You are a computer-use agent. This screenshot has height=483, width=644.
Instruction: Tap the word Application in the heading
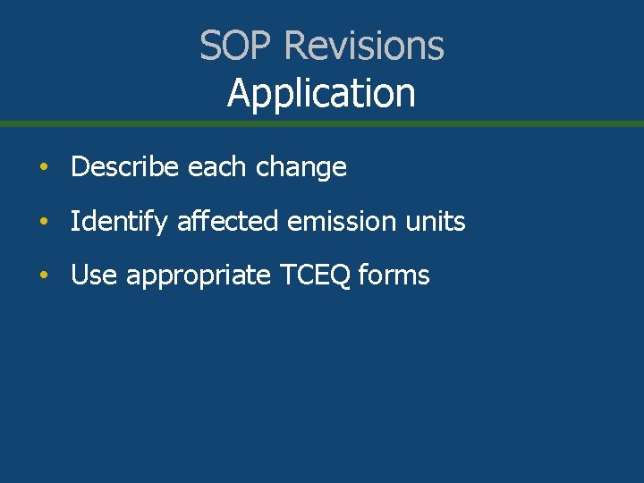pos(321,94)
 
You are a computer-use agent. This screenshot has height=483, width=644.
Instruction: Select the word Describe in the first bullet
pos(126,167)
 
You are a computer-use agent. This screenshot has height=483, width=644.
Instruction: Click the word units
pos(436,221)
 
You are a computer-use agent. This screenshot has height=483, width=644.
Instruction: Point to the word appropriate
pos(199,276)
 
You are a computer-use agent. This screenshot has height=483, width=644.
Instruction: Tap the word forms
pos(394,275)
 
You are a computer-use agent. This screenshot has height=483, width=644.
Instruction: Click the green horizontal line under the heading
pos(322,123)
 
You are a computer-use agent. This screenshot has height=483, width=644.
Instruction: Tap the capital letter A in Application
pos(239,93)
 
